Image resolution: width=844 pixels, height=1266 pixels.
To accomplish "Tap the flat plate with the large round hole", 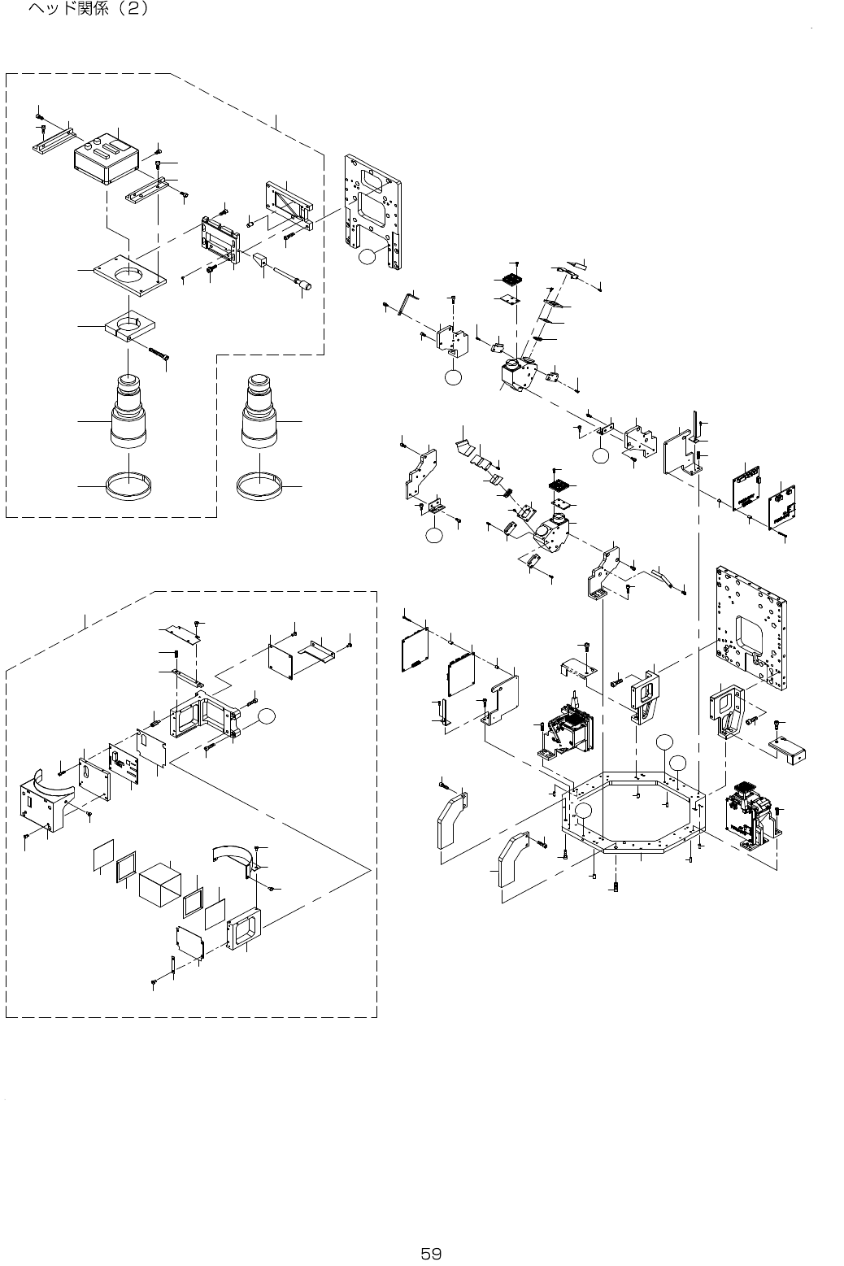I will tap(131, 276).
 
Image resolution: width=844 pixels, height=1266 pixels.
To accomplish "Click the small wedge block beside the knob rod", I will tap(260, 262).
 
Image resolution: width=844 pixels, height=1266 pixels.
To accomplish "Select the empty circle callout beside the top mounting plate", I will tap(367, 257).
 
